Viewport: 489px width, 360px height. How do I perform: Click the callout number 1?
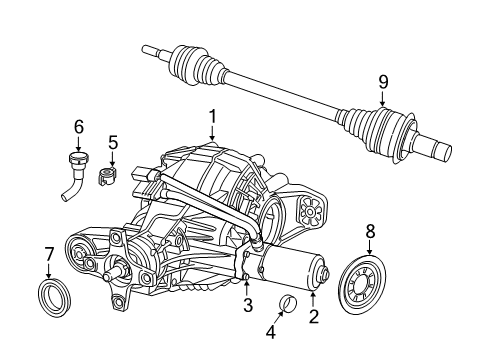pos(212,118)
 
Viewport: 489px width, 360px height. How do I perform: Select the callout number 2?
pos(313,317)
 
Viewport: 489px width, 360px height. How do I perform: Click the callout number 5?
pos(113,142)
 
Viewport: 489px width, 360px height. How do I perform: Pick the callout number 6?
pos(78,127)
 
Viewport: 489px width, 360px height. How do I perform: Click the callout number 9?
pos(382,82)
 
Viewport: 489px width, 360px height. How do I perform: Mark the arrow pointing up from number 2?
pos(313,298)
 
